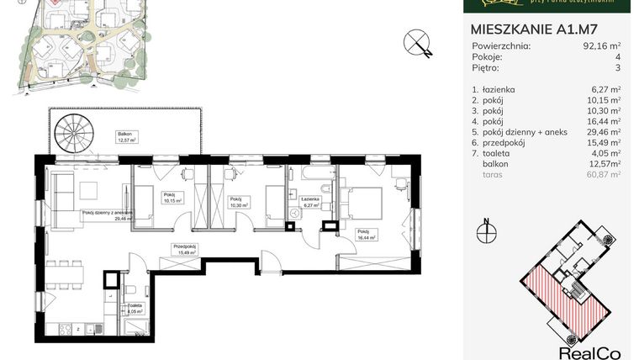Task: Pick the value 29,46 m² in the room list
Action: [x=604, y=132]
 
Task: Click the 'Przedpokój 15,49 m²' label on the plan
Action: [x=184, y=250]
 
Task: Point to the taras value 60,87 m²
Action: [x=604, y=176]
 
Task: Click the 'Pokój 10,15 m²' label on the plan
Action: [x=172, y=199]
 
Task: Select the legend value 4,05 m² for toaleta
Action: [x=605, y=154]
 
